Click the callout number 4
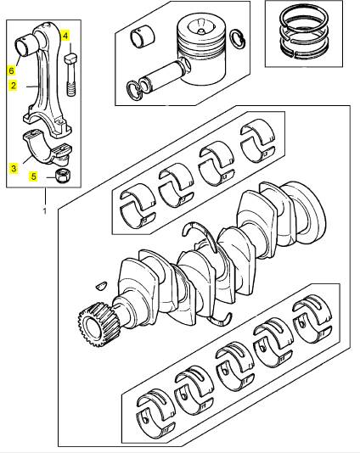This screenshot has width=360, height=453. [65, 36]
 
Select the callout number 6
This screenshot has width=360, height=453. [11, 70]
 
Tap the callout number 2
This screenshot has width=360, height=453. [13, 86]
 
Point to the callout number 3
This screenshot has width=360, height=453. [14, 168]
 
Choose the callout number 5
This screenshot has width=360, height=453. [34, 176]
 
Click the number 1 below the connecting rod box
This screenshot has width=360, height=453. [45, 211]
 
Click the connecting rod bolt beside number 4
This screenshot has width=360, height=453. [70, 75]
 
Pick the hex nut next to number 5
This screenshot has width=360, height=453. [62, 175]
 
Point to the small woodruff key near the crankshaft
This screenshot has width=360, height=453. [101, 285]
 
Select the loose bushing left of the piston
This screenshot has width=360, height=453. [143, 37]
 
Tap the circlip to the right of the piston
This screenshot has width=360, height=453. [238, 38]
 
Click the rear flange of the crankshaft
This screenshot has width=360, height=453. [304, 212]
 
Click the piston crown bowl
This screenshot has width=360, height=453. [201, 26]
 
